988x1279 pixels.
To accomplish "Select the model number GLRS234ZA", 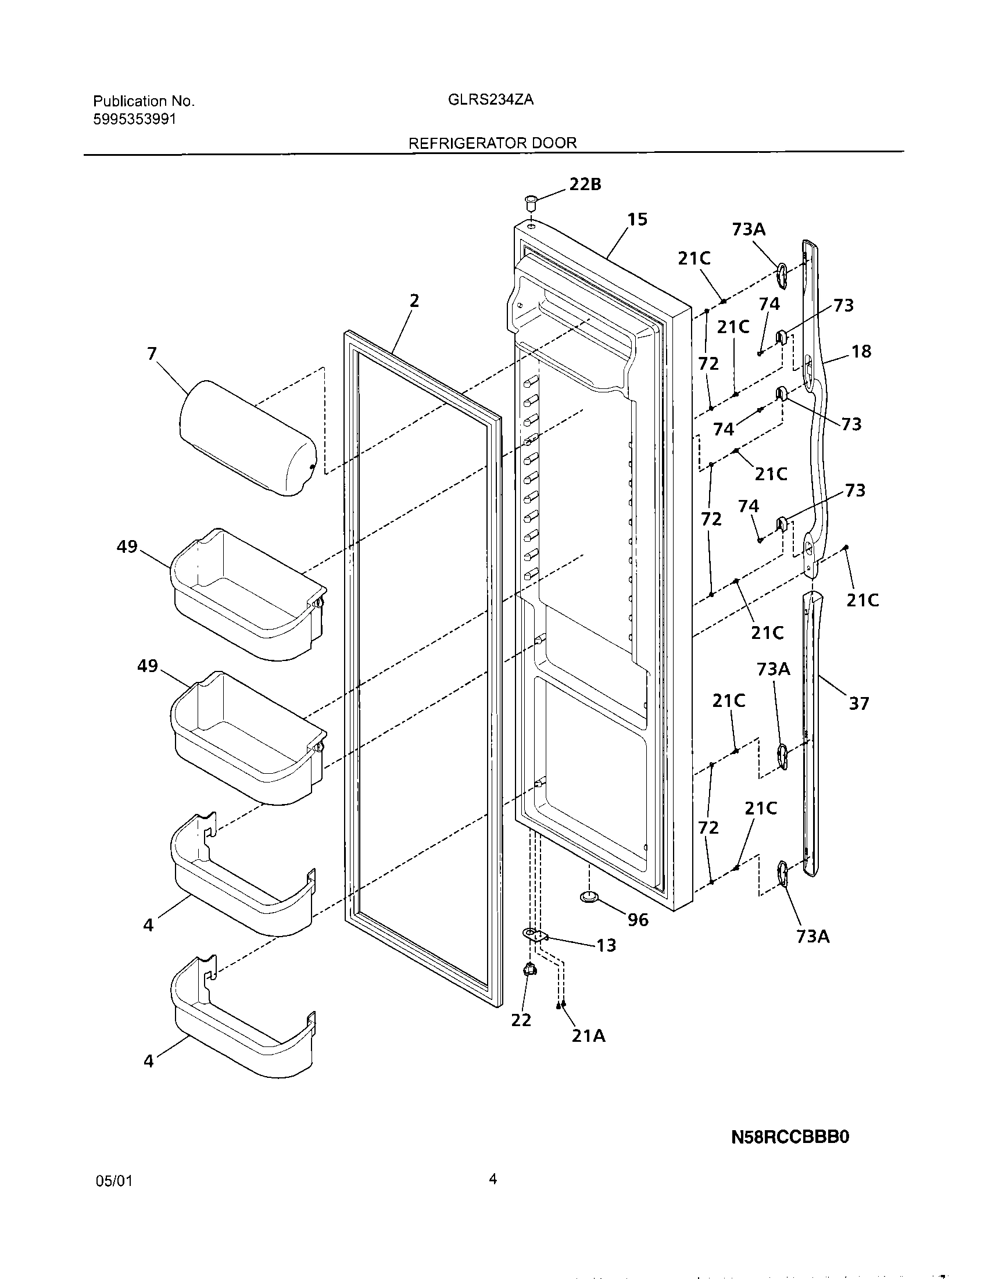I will [x=491, y=99].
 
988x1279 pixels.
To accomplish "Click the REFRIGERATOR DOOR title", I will [x=492, y=143].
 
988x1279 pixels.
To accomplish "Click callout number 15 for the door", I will [x=638, y=220].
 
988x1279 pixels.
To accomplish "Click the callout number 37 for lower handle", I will [x=858, y=703].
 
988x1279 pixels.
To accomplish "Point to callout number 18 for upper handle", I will [x=861, y=352].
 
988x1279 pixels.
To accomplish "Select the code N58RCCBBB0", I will [x=790, y=1137].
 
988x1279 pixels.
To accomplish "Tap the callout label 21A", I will [x=588, y=1036].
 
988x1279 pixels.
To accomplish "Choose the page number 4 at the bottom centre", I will [x=492, y=1180].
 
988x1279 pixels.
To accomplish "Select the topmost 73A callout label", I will [x=749, y=229].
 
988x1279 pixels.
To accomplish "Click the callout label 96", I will [x=638, y=920].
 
